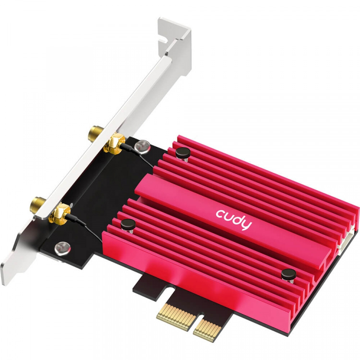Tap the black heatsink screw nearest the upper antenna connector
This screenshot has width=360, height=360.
click(x=182, y=153)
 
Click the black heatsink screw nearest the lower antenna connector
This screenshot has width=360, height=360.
click(x=127, y=223)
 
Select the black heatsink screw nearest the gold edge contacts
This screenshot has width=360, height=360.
click(x=287, y=274)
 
